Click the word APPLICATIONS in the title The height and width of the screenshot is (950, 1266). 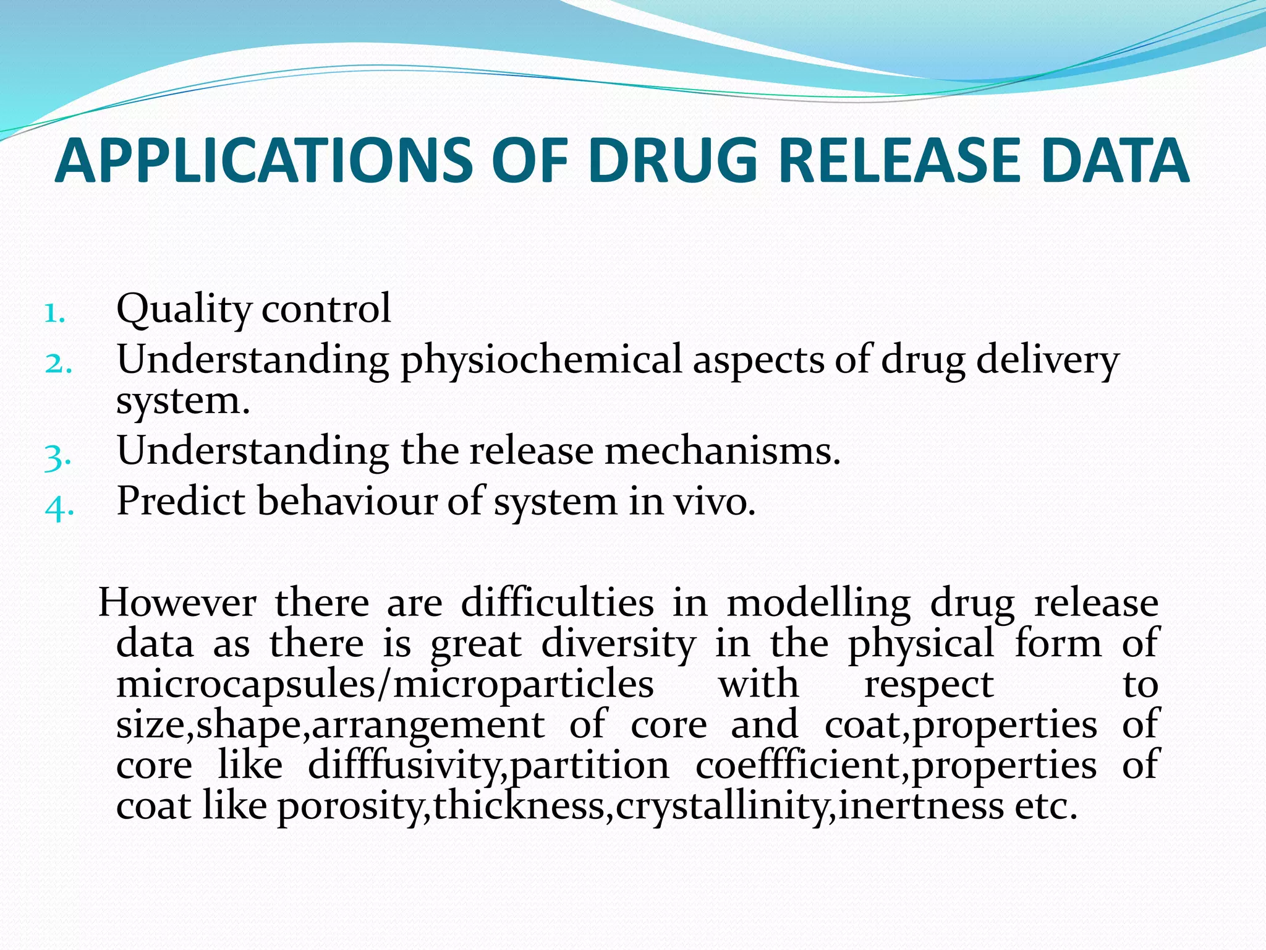click(264, 161)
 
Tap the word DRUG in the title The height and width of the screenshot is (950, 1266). click(673, 161)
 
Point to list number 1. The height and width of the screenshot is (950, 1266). click(54, 313)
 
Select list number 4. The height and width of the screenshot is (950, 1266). click(59, 508)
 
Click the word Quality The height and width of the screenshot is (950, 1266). click(184, 309)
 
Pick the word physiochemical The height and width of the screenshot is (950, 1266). click(541, 361)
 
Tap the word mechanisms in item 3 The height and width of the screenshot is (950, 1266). click(722, 451)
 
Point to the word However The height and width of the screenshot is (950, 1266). click(177, 602)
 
